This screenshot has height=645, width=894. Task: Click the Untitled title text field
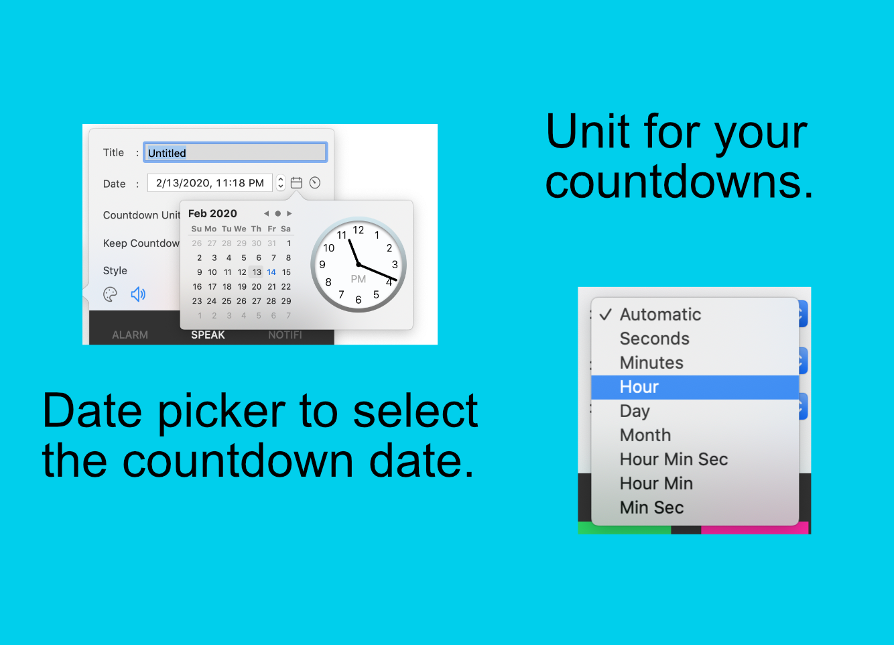235,153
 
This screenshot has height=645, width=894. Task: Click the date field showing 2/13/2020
210,183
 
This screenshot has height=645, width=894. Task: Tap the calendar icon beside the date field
296,183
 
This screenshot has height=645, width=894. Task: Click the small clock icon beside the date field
315,183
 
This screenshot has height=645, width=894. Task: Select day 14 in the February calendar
271,272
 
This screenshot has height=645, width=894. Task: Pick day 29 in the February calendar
286,301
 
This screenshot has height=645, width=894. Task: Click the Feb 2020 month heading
212,213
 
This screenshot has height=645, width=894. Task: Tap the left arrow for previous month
266,214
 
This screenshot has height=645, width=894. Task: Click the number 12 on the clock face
359,230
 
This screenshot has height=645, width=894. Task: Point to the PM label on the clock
359,279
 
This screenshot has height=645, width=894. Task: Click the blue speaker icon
138,294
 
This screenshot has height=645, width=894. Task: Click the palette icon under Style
111,294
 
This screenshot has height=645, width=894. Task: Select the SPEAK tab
208,335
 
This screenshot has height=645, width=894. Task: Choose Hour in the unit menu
639,387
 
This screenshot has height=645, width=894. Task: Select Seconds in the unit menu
654,339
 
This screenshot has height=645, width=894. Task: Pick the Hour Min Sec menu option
674,459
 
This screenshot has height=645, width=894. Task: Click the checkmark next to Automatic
606,314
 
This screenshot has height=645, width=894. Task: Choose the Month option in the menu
645,435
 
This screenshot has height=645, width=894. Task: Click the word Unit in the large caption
588,131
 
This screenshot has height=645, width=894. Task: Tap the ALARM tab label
130,335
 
